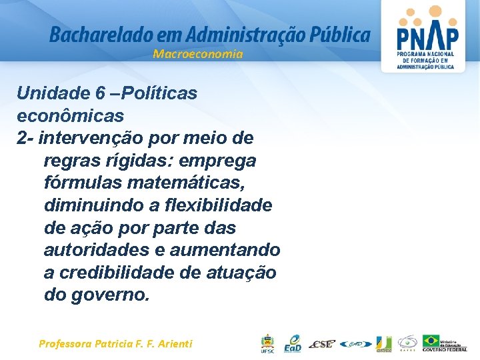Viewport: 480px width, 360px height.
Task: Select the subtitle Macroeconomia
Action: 198,54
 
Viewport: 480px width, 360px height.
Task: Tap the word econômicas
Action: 71,115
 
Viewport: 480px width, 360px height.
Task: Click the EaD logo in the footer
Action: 292,343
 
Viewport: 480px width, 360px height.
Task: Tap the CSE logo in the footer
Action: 322,344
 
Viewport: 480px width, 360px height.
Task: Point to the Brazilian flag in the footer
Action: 431,341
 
